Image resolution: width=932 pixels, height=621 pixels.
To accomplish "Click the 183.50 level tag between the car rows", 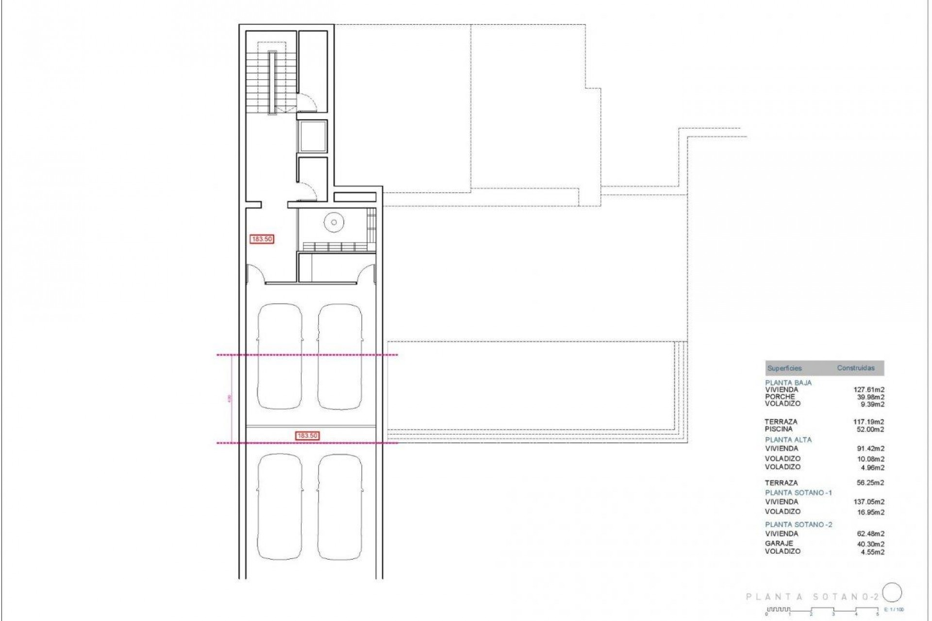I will click(x=307, y=436).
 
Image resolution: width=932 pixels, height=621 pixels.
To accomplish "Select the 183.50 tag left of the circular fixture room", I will click(x=262, y=239).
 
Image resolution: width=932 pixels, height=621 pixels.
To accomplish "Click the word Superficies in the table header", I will click(x=784, y=368).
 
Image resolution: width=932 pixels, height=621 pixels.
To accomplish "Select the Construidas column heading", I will click(x=855, y=368).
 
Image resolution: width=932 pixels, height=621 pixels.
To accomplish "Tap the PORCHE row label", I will click(x=780, y=396).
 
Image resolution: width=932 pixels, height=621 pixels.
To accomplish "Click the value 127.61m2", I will click(x=868, y=389).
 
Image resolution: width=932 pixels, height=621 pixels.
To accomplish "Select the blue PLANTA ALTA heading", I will click(x=788, y=440).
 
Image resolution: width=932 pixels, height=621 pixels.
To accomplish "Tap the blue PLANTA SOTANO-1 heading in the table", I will click(x=798, y=492).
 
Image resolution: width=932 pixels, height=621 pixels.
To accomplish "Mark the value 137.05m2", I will click(x=868, y=502).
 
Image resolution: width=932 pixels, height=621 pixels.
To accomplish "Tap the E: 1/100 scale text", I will click(x=894, y=609).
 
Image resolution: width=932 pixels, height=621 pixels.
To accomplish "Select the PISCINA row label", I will click(x=779, y=429).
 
